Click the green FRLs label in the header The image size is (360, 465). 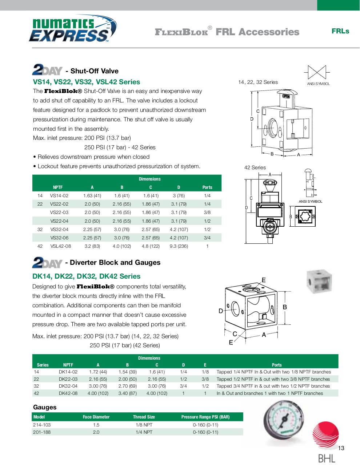tap(340, 31)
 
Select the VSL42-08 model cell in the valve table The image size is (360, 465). tap(61, 246)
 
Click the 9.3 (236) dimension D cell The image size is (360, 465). tap(179, 246)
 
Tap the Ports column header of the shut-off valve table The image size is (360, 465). tap(207, 187)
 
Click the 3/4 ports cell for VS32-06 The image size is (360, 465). tap(207, 238)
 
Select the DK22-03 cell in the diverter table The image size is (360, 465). tap(68, 379)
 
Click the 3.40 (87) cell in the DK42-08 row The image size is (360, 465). tap(127, 393)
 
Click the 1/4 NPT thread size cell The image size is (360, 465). tap(144, 432)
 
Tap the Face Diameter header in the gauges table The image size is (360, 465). tap(96, 417)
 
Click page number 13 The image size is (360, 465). tap(341, 448)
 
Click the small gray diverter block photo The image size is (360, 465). tap(320, 280)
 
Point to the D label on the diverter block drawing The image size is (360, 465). tap(220, 311)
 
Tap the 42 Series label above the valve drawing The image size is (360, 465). tap(255, 167)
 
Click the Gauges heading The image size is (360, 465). tap(45, 407)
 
